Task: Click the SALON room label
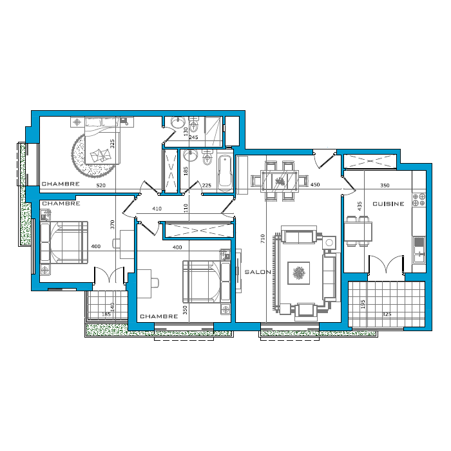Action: pos(258,272)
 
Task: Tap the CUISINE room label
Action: pos(389,204)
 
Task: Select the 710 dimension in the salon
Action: pos(262,239)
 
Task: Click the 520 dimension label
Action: pos(101,186)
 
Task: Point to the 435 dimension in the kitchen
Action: pos(360,206)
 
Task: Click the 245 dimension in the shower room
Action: pos(193,137)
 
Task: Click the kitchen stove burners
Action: pos(419,200)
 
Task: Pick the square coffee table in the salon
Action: pos(299,273)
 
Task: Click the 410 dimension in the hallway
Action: pos(157,209)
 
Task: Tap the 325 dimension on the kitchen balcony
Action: pos(387,314)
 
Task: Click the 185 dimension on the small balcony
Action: pos(106,314)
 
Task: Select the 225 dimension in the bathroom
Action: pos(207,186)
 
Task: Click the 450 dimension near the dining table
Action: pos(315,185)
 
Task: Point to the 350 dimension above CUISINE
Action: pos(385,186)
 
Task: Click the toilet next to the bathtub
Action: pos(207,157)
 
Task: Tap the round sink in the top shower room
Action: pos(177,122)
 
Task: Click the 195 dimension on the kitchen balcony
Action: pos(363,304)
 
